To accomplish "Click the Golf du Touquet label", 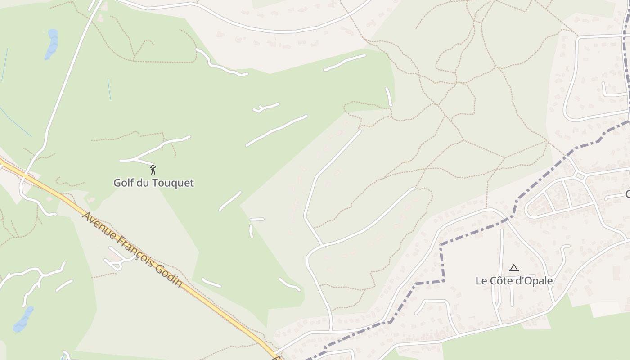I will [153, 183].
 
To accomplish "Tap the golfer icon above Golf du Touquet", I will [153, 170].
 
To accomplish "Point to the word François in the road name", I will [134, 250].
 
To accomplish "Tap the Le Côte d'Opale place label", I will [514, 280].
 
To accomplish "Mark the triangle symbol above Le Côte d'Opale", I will [513, 268].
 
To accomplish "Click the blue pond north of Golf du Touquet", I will [51, 44].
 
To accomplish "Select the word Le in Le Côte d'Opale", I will [481, 280].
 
